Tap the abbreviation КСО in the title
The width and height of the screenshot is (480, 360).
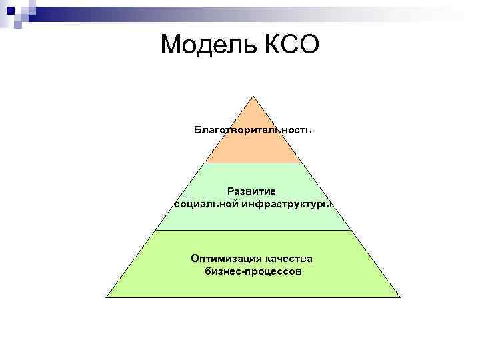coord(289,45)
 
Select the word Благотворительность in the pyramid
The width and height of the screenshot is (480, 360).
coord(253,129)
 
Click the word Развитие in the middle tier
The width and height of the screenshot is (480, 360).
coord(253,191)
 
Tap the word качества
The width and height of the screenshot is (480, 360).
coord(289,259)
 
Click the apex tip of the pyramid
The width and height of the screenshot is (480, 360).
coord(253,96)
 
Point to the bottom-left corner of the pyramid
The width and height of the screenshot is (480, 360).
coord(107,297)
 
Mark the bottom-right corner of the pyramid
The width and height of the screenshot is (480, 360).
coord(400,297)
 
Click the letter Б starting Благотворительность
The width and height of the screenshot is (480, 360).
coord(198,129)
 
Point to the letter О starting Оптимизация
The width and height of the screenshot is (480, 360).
coord(195,259)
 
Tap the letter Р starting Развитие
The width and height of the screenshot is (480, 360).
coord(230,191)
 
